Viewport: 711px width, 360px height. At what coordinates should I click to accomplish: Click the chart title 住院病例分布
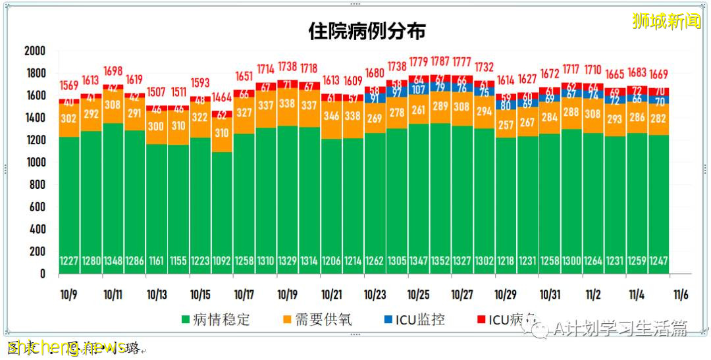point(367,31)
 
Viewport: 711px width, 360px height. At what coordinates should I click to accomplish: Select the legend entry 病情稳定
point(215,321)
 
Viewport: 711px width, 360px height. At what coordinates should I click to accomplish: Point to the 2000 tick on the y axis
point(34,51)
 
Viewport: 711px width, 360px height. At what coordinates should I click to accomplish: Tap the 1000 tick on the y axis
point(34,163)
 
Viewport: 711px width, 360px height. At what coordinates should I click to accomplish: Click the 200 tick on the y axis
point(37,251)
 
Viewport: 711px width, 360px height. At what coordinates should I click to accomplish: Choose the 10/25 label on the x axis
point(419,294)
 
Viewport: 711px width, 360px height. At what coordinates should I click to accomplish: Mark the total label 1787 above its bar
point(440,63)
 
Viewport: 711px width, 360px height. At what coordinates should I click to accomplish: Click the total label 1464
point(222,97)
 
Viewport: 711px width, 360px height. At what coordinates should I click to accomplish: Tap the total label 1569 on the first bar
point(69,86)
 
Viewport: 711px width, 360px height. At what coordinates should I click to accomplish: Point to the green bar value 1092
point(222,261)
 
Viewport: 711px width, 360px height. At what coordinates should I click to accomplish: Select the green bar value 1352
point(440,261)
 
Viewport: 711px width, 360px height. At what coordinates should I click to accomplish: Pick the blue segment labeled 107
point(419,90)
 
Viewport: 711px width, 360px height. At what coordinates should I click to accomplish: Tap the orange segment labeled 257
point(506,124)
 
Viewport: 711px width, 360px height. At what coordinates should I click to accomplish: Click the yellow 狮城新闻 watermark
point(666,22)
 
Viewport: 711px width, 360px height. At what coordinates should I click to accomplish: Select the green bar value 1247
point(658,261)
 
